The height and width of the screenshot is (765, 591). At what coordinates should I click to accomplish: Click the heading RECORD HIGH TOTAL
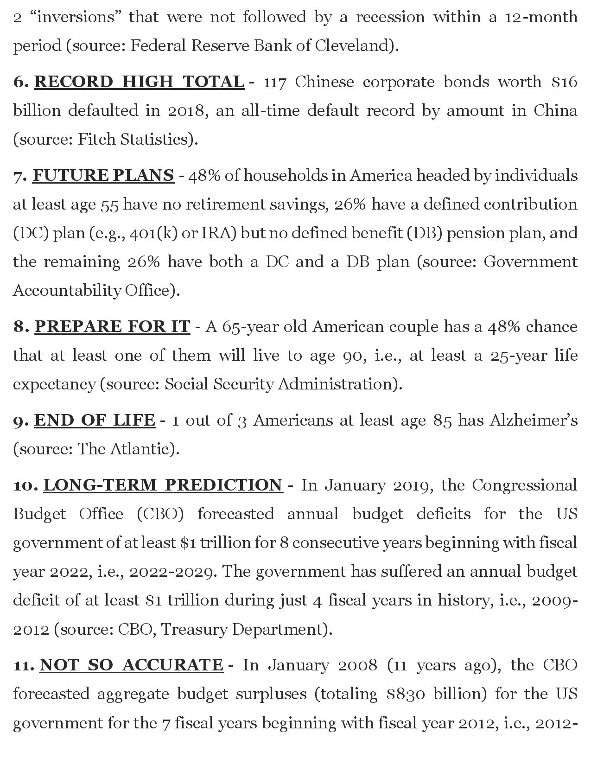click(x=139, y=82)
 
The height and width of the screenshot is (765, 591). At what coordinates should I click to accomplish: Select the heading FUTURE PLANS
click(x=103, y=175)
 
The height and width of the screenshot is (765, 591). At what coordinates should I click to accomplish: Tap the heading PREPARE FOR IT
click(x=112, y=326)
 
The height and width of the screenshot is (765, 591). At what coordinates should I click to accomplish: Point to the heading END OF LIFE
click(x=95, y=420)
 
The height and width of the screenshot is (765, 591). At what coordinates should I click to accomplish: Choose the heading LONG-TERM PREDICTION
click(x=163, y=485)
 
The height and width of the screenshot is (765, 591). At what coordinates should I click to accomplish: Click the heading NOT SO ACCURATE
click(x=131, y=665)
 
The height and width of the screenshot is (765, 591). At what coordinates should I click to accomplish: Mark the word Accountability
click(x=67, y=290)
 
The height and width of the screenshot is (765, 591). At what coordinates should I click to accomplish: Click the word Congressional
click(x=525, y=485)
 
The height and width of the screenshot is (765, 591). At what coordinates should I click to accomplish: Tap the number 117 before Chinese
click(x=275, y=82)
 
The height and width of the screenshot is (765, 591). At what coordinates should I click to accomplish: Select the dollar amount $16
click(x=564, y=82)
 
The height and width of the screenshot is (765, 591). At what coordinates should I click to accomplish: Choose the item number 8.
click(x=19, y=326)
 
